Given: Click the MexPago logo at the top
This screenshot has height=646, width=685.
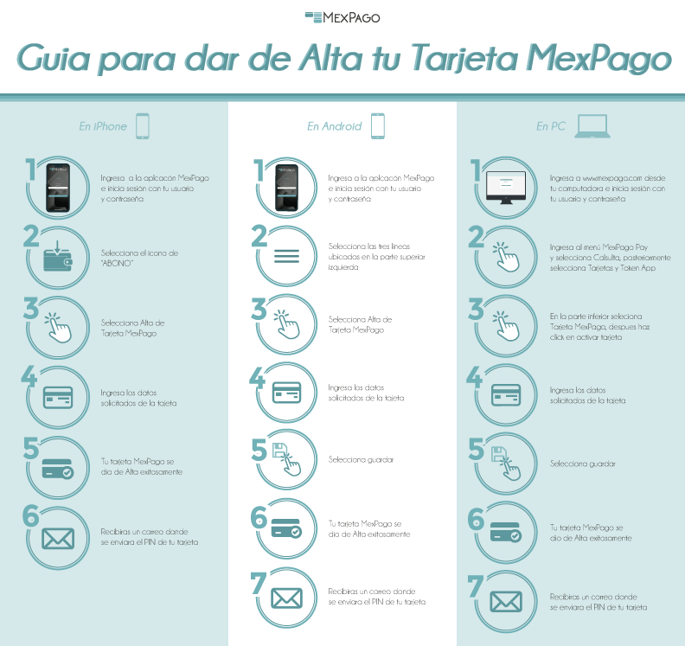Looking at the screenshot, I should pos(342,16).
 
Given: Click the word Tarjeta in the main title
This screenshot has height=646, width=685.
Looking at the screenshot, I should pos(465,60).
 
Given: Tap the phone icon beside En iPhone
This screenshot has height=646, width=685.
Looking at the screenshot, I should pos(143,126).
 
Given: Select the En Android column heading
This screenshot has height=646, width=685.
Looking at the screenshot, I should pos(332,126).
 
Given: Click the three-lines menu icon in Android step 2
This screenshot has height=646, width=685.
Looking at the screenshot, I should pos(286,256).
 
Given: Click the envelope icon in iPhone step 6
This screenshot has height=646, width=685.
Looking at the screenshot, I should pos(58,538).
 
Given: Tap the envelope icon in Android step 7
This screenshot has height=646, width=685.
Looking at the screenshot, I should pos(286,598).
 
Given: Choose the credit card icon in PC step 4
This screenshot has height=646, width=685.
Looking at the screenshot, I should pos(507,395).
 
